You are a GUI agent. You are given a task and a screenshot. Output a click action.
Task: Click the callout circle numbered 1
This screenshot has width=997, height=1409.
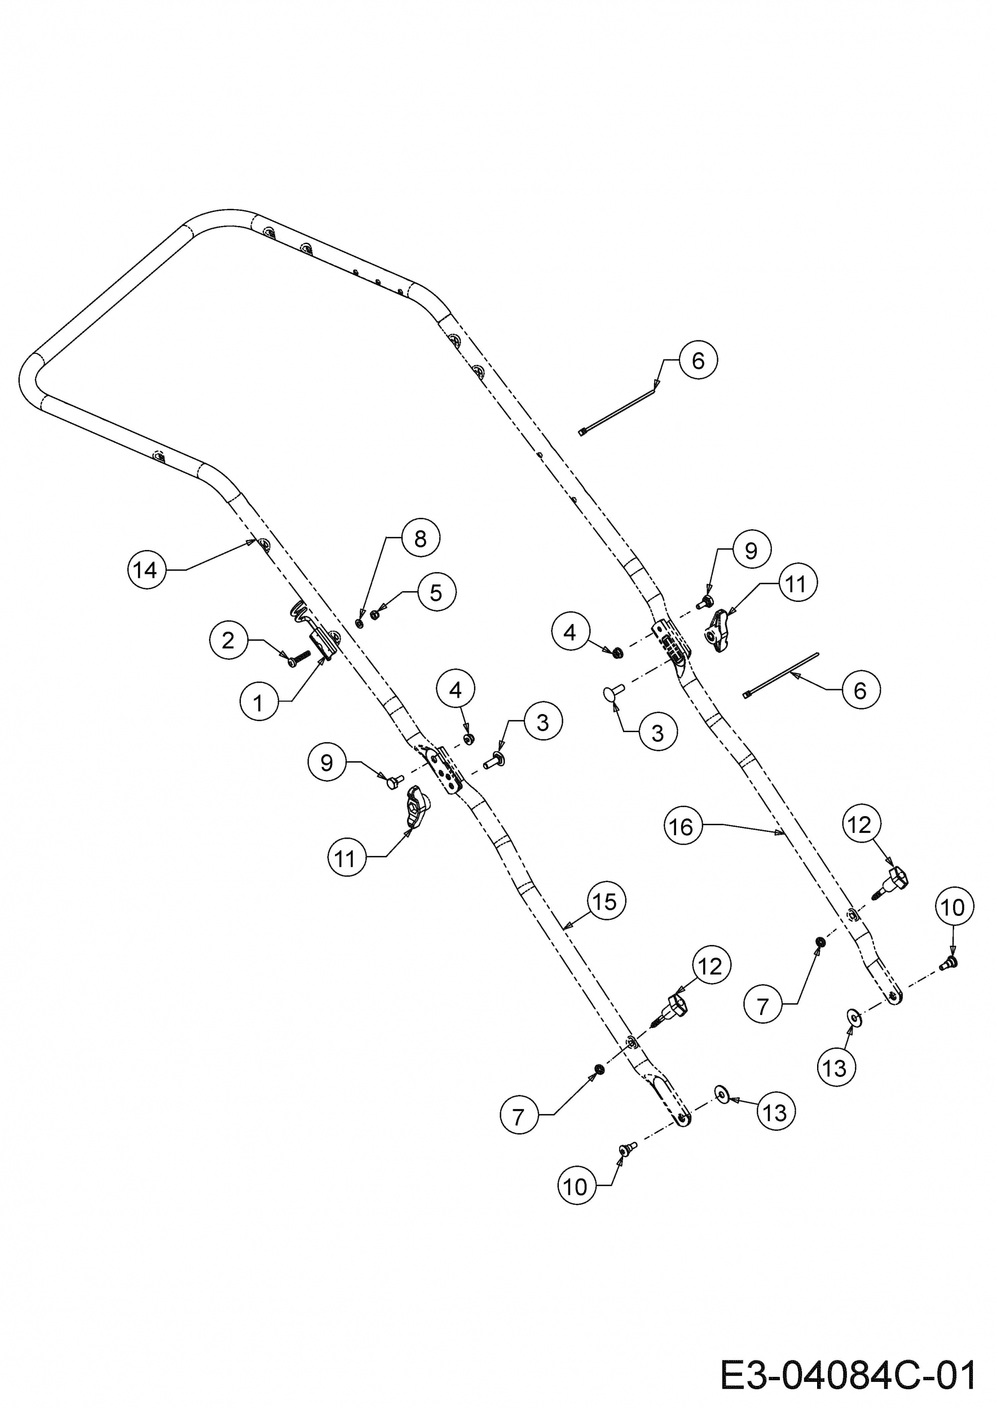[x=258, y=702]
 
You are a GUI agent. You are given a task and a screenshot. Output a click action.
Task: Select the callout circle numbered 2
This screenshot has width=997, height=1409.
[x=228, y=641]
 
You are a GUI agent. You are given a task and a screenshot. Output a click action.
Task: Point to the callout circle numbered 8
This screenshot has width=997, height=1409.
[x=420, y=538]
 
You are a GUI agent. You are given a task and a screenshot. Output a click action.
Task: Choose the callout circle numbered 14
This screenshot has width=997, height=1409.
[x=146, y=570]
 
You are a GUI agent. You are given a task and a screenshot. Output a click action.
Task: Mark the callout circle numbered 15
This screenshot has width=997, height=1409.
[x=606, y=902]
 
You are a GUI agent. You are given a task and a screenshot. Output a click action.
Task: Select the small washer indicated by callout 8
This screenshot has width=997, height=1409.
[x=360, y=623]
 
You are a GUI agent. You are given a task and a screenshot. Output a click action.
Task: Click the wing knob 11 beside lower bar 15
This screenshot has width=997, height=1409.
[x=417, y=807]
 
